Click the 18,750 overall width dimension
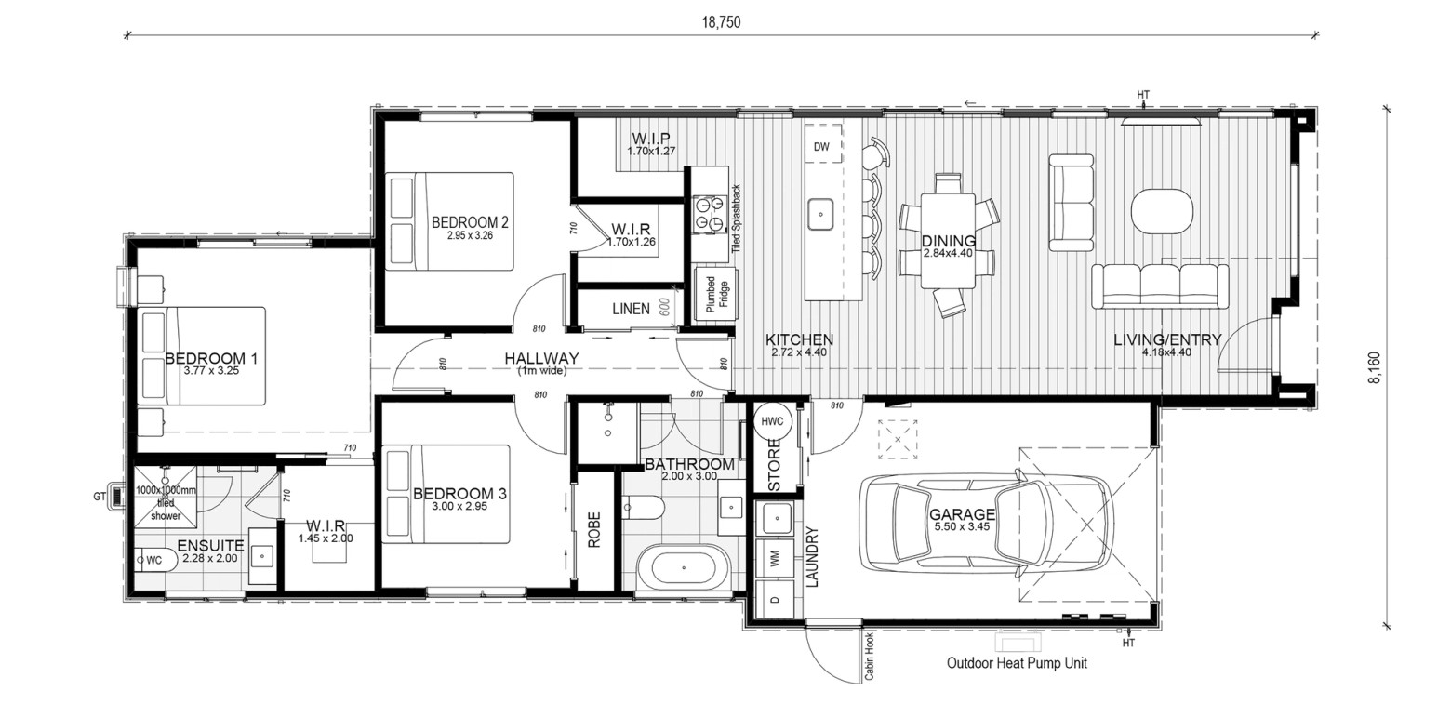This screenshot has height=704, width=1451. (721, 22)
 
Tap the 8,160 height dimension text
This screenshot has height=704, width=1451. (1374, 367)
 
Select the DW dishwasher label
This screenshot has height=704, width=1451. (821, 146)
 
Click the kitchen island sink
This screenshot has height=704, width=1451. (820, 214)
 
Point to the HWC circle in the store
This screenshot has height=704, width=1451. (772, 421)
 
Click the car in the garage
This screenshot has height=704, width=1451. (987, 524)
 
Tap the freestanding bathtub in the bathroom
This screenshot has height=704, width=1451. (684, 568)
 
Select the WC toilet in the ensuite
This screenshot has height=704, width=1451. (156, 560)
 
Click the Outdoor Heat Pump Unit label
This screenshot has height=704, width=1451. (1017, 663)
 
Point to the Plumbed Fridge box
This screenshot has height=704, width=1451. (716, 294)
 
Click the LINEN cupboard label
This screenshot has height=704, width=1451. (631, 309)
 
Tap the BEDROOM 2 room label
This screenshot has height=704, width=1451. (470, 222)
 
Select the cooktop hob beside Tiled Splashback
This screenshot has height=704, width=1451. (707, 215)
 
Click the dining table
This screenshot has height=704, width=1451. (949, 240)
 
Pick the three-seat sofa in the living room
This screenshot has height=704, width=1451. (1160, 286)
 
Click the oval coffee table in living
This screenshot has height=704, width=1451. (1162, 211)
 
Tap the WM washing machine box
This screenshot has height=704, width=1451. (775, 558)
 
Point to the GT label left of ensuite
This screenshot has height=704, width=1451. (100, 497)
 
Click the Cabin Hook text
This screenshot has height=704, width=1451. (869, 656)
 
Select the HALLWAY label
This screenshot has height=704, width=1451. (541, 358)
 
